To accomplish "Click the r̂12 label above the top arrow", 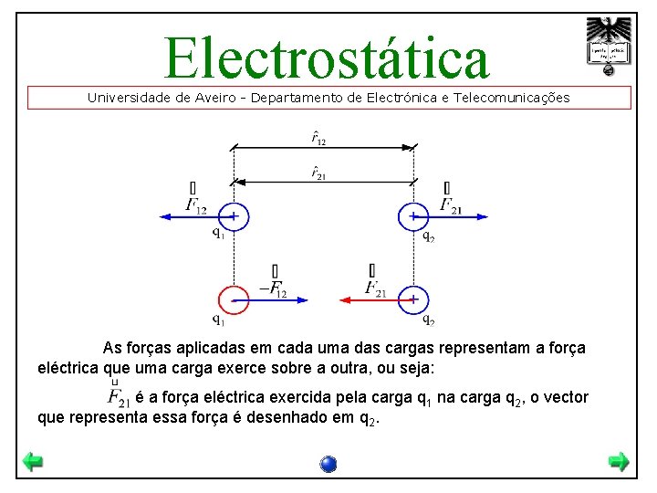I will [x=318, y=138].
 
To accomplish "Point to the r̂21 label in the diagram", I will [x=318, y=173].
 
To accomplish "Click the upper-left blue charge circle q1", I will [x=234, y=217].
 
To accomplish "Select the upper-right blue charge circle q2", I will [x=414, y=217].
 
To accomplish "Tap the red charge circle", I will [x=234, y=299].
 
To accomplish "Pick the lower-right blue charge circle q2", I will [x=414, y=299].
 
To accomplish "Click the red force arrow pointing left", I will [x=369, y=299].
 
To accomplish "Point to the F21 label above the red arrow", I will [x=374, y=288].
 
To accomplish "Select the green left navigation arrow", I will [x=33, y=462].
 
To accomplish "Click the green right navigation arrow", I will [x=619, y=462].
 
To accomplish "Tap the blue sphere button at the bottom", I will [x=328, y=464].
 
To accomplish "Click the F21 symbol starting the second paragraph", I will [x=119, y=397].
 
